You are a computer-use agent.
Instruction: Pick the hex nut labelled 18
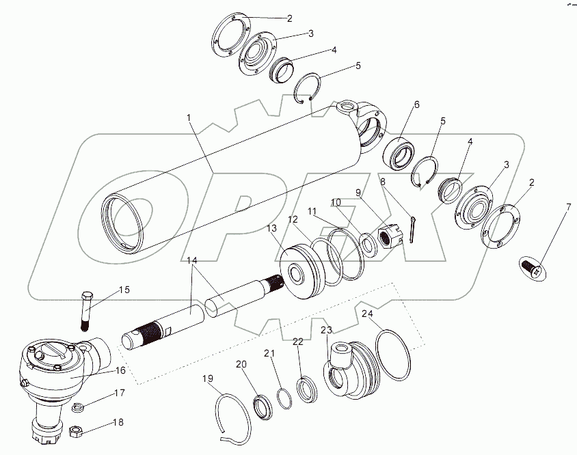[75, 431]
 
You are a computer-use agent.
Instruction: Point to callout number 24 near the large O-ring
[367, 314]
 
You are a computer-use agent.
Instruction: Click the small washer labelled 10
[365, 243]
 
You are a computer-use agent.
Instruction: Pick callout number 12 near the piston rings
[293, 220]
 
